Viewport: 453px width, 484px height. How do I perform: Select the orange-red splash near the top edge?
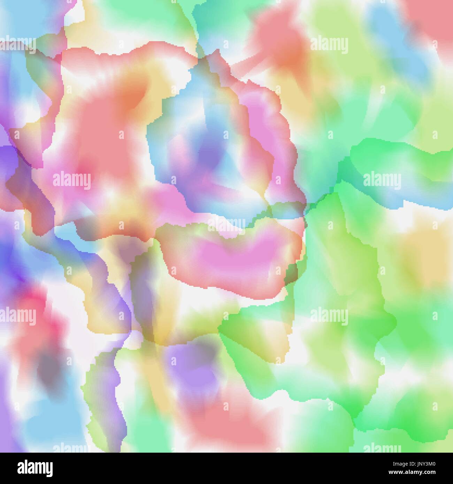pyautogui.click(x=279, y=42)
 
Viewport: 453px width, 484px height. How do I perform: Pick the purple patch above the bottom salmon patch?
pyautogui.click(x=188, y=366)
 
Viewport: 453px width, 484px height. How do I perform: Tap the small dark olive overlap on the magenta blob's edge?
pyautogui.click(x=291, y=275)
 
